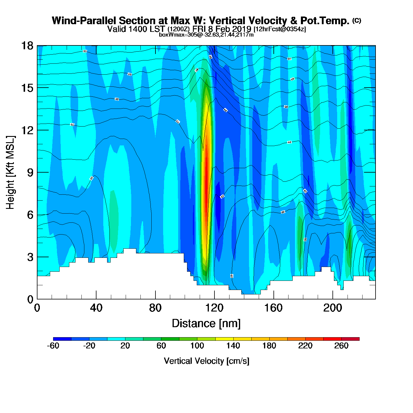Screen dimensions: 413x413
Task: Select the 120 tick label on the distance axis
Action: (214, 308)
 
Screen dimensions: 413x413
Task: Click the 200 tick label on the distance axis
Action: (332, 308)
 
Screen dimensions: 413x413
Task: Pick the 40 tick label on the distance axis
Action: (96, 308)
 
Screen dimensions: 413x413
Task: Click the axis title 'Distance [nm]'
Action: (206, 324)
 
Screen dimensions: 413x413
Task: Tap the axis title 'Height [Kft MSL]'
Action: (10, 173)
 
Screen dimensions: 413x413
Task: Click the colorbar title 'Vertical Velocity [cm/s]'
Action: (206, 361)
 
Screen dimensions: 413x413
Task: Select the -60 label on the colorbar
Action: (53, 346)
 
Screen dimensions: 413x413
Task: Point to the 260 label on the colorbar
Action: (341, 346)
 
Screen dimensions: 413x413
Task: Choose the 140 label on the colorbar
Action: (233, 346)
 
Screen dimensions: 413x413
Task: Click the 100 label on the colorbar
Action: (197, 346)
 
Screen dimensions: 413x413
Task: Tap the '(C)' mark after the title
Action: (357, 20)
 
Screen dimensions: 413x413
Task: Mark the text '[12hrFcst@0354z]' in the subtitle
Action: (280, 29)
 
